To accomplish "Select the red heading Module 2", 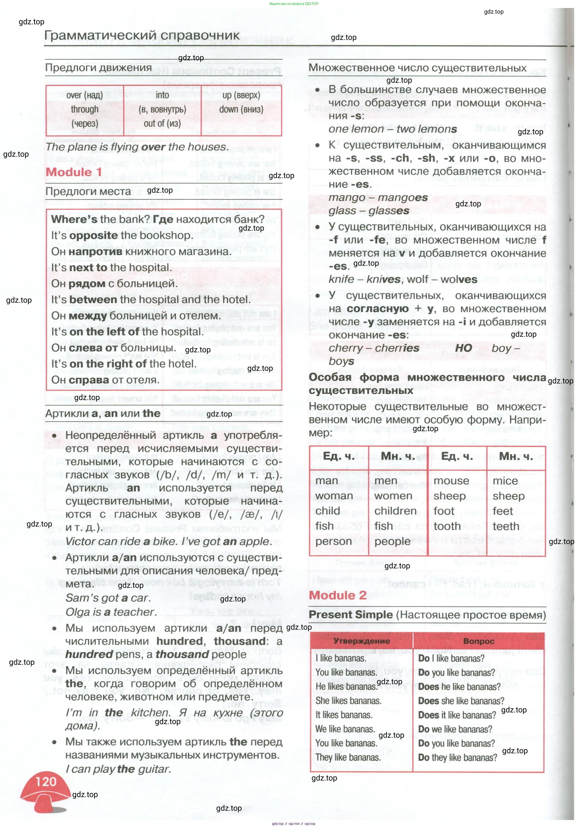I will coord(338,595).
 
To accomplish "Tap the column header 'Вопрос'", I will coord(478,641).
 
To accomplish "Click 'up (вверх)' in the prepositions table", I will coord(241,95).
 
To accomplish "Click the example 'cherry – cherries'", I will coord(374,348).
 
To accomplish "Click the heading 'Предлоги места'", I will coord(88,191).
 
